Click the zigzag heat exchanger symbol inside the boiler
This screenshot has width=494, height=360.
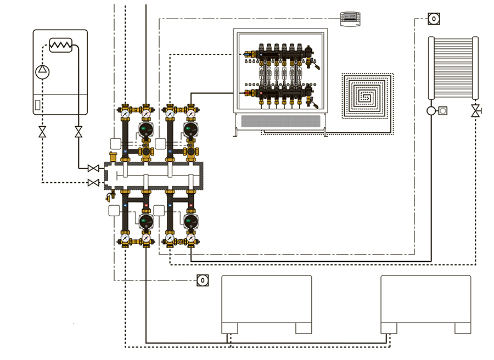[61, 45]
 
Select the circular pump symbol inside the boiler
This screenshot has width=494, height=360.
[42, 70]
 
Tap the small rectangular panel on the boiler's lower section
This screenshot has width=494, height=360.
[37, 104]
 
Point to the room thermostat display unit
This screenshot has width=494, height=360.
[349, 19]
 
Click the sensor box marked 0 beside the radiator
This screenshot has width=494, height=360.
[434, 19]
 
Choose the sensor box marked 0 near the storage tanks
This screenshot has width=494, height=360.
[203, 280]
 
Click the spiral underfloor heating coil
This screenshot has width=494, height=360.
[367, 95]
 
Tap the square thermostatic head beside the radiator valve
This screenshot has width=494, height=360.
[443, 111]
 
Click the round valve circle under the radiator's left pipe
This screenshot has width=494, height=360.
[431, 111]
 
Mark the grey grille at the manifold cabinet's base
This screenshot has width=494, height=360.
[280, 122]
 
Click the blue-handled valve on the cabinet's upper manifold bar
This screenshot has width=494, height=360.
[250, 54]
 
